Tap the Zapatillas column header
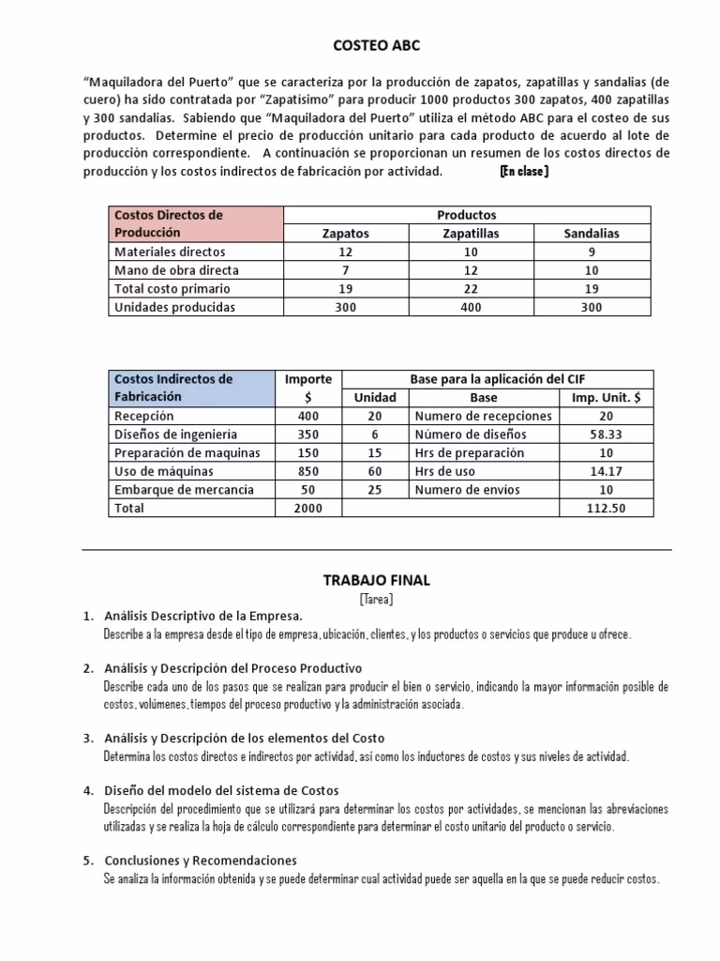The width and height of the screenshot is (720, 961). [470, 234]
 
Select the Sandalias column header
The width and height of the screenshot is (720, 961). [592, 234]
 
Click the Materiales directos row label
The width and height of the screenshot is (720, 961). [170, 252]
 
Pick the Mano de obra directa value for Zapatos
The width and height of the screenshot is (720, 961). [345, 270]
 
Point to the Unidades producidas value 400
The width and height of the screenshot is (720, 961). [470, 307]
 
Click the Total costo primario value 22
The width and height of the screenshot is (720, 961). [470, 289]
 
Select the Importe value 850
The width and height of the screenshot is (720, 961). [307, 471]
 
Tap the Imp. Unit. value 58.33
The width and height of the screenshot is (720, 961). [606, 435]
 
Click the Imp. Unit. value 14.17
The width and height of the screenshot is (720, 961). [606, 471]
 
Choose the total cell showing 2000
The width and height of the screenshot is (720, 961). [307, 508]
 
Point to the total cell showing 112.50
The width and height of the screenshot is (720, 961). [606, 508]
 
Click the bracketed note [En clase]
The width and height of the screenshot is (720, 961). [524, 172]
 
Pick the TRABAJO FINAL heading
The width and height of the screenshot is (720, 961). [376, 580]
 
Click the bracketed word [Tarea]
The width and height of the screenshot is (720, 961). [376, 598]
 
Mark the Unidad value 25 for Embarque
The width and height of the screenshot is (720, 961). [375, 490]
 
